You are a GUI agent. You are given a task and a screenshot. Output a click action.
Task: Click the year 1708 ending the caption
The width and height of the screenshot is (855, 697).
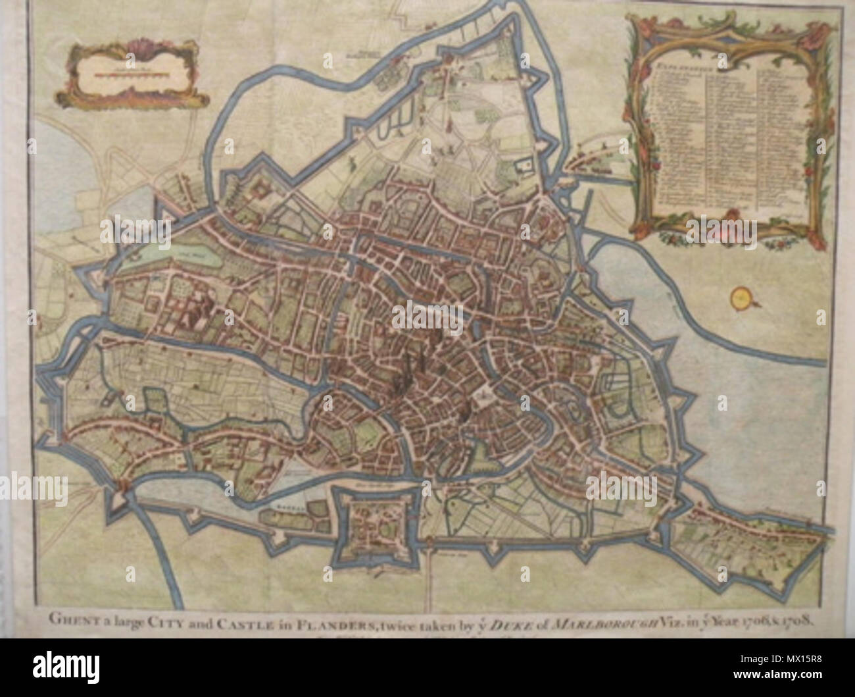point(798,620)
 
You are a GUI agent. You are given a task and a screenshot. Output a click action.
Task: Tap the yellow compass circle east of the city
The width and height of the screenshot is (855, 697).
point(741,299)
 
